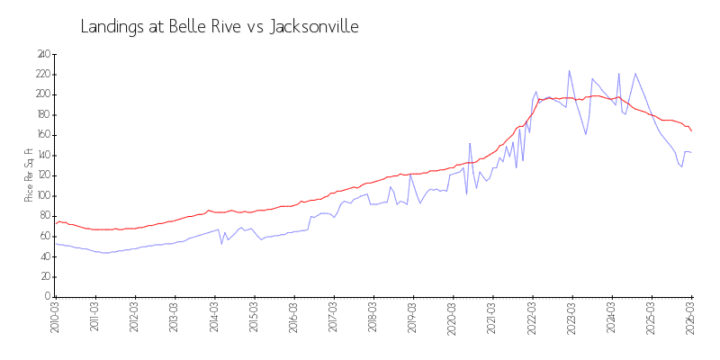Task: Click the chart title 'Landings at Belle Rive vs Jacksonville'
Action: pyautogui.click(x=220, y=27)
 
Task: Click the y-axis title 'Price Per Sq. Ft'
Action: pyautogui.click(x=29, y=175)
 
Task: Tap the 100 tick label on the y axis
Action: pyautogui.click(x=41, y=195)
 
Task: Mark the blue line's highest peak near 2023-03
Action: pyautogui.click(x=569, y=70)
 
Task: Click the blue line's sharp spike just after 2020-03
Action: pyautogui.click(x=470, y=143)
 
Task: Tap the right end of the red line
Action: pyautogui.click(x=691, y=131)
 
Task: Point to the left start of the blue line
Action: pyautogui.click(x=55, y=244)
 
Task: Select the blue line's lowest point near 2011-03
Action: pyautogui.click(x=105, y=253)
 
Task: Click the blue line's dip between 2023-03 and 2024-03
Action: pyautogui.click(x=586, y=134)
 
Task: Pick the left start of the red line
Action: pyautogui.click(x=55, y=223)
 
